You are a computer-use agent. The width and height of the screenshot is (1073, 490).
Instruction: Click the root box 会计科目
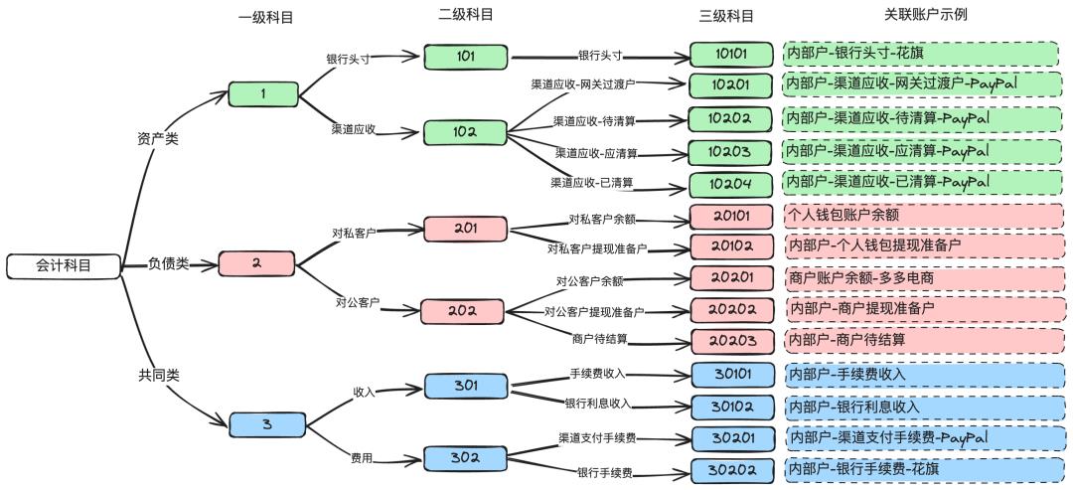[x=64, y=265]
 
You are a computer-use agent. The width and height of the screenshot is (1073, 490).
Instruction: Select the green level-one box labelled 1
[x=263, y=94]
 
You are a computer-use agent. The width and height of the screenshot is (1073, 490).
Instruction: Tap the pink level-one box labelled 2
[x=256, y=263]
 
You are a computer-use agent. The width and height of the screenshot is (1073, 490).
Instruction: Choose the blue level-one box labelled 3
[x=266, y=424]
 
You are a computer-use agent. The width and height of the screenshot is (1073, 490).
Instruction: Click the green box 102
[x=465, y=132]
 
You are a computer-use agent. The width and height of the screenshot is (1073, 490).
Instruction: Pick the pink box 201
[x=465, y=229]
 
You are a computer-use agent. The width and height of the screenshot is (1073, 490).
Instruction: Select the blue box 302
[x=465, y=458]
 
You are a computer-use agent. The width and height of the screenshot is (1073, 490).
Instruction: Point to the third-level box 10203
[x=730, y=152]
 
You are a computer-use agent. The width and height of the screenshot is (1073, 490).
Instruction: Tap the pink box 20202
[x=732, y=309]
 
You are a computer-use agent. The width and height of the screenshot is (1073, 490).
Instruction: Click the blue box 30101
[x=732, y=375]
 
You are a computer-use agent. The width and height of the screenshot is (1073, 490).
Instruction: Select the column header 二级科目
[x=466, y=14]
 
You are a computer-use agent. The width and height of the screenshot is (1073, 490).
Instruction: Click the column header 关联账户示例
[x=926, y=14]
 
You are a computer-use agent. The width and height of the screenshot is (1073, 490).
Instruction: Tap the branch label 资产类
[x=157, y=139]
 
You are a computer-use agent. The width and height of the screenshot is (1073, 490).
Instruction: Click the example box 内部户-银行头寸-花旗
[x=923, y=54]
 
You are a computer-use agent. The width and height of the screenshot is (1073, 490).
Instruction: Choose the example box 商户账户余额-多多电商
[x=923, y=278]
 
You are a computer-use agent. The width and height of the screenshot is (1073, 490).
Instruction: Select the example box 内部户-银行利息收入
[x=923, y=407]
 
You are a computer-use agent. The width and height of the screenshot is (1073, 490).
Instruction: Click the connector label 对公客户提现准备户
[x=593, y=312]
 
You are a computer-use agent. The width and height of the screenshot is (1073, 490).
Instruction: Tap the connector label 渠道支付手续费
[x=597, y=437]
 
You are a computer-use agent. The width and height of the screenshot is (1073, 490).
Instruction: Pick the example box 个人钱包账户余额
[x=923, y=215]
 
